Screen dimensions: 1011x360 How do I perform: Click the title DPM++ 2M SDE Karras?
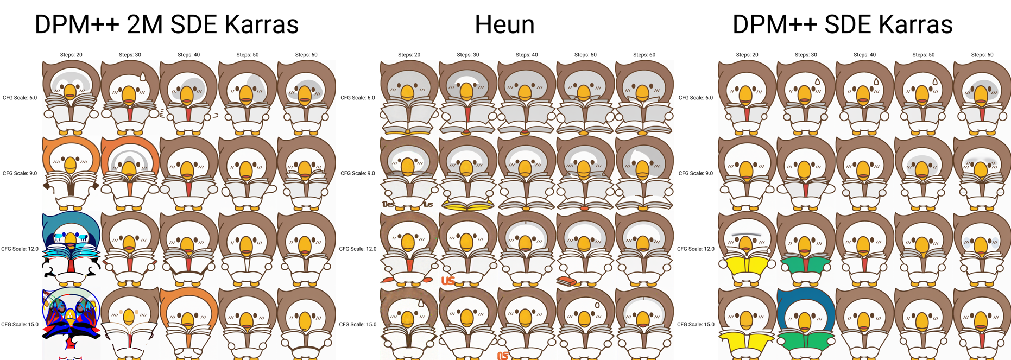point(166,24)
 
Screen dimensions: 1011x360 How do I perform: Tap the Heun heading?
point(504,24)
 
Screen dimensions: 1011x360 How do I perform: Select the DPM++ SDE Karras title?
point(842,24)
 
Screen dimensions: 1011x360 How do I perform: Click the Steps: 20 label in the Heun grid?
point(409,55)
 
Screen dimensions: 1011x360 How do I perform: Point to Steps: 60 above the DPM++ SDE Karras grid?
point(982,55)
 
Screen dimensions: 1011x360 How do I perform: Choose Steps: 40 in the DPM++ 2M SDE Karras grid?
point(188,55)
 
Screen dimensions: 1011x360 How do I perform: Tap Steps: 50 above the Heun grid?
point(585,55)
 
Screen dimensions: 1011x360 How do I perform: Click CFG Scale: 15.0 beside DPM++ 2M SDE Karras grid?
point(20,325)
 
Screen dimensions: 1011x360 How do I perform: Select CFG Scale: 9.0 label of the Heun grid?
point(358,173)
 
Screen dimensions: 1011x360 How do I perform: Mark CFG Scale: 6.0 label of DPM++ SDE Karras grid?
point(696,98)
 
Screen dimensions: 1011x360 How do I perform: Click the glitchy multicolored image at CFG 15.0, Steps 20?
point(71,320)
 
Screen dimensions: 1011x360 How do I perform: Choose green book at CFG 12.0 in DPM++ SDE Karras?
point(806,266)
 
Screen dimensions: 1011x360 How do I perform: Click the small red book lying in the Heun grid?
point(566,281)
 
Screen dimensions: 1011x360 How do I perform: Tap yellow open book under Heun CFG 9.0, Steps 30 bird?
point(467,205)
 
